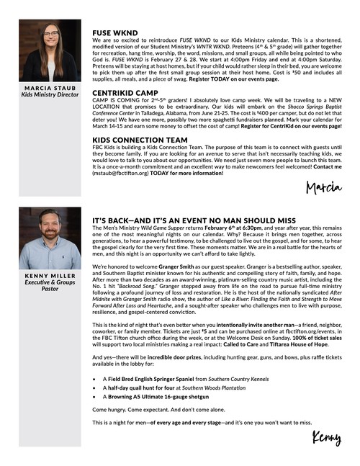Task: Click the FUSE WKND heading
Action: [115, 33]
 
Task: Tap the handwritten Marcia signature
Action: [323, 189]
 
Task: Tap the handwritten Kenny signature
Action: [326, 437]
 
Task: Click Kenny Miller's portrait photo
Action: [50, 238]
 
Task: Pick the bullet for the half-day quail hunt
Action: [95, 388]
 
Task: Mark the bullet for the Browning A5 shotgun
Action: [95, 398]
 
